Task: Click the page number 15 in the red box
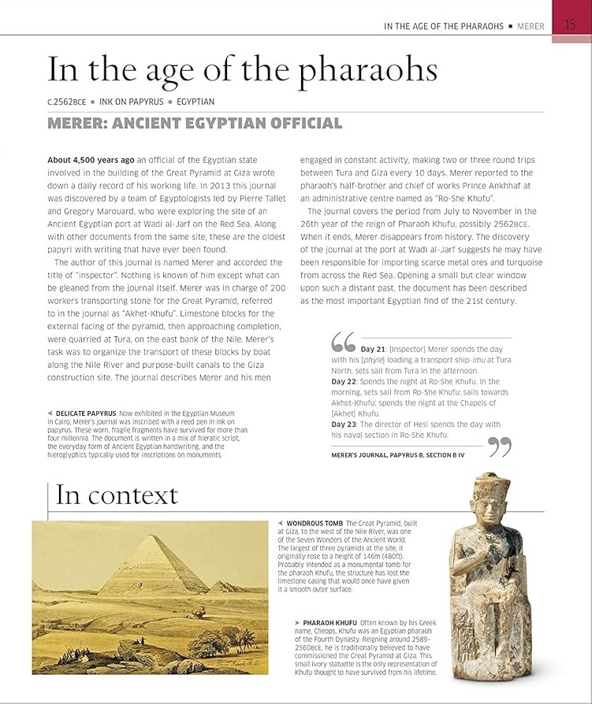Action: [571, 25]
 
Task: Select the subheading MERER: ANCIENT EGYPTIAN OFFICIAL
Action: [195, 124]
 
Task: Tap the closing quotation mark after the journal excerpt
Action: [500, 447]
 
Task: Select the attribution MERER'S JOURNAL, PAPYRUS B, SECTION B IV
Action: [397, 456]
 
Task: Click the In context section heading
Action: [117, 495]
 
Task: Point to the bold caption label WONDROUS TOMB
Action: [315, 523]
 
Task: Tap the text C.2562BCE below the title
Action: [67, 102]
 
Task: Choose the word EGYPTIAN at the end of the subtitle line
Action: [195, 102]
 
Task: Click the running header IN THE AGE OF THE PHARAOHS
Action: [443, 26]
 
